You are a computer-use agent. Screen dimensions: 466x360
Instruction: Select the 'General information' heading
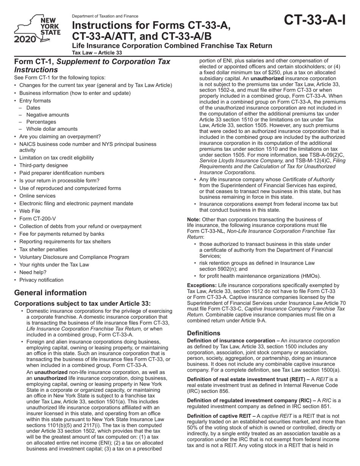pos(50,292)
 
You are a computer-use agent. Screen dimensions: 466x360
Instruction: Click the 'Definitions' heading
pos(203,333)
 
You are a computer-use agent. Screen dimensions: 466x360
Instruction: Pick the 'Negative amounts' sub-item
pos(48,115)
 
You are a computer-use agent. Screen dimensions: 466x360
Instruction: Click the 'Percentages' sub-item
pos(41,122)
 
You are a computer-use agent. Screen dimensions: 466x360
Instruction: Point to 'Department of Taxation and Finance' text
pos(105,16)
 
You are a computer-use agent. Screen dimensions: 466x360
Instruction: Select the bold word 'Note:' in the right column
pos(194,219)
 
